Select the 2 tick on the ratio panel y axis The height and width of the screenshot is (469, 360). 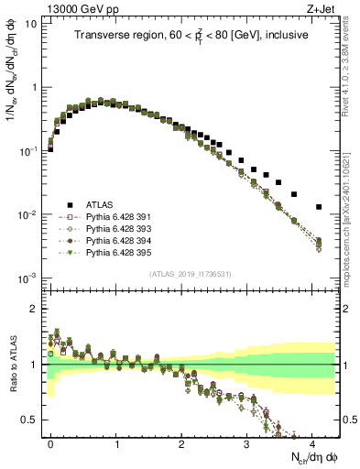[x=35, y=309]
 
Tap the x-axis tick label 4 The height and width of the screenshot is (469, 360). [x=312, y=442]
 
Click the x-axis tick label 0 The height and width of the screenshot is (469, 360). [x=50, y=442]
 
